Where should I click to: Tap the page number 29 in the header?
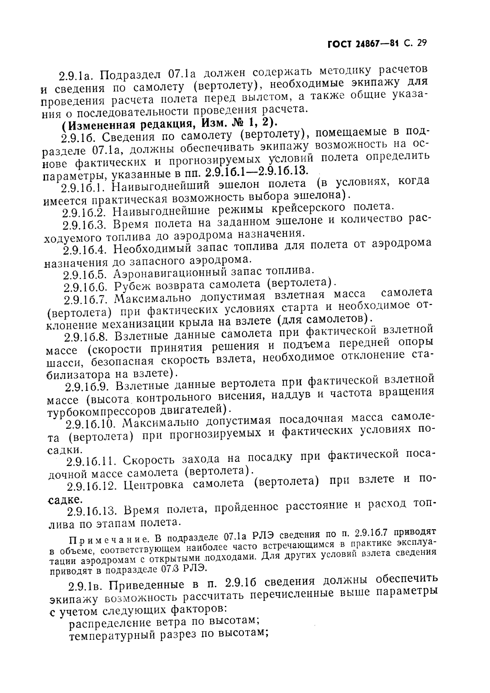click(420, 43)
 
